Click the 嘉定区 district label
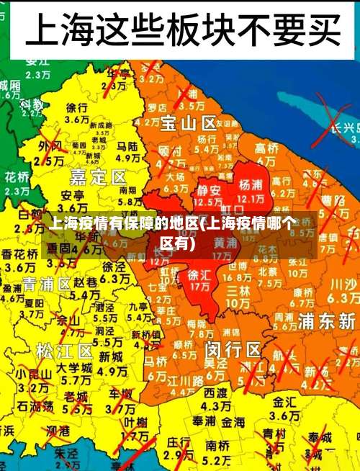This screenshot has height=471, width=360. point(98,176)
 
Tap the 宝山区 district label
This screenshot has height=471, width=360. point(189,122)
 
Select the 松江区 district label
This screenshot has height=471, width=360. point(65,351)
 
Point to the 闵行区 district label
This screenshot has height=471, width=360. point(233,349)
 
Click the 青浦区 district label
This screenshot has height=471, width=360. point(47,282)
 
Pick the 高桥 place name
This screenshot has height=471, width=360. point(266,147)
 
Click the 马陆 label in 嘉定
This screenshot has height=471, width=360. point(127,145)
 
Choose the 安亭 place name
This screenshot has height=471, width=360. point(72,195)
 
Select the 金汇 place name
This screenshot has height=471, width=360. point(284,400)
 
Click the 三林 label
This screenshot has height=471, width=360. point(238,290)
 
